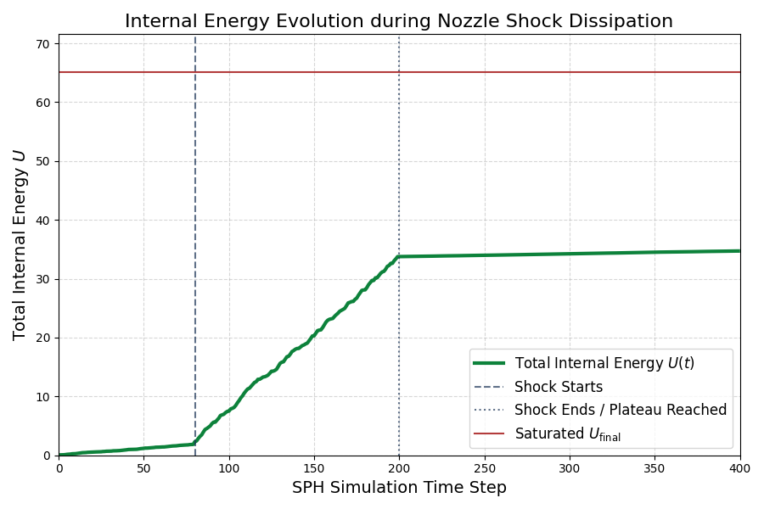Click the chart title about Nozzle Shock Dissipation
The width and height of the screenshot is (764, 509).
click(x=399, y=21)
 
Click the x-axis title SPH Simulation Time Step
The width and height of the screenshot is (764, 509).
click(x=399, y=488)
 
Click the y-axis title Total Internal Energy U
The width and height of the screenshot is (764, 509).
click(x=20, y=244)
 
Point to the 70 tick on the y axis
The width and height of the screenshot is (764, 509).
click(x=42, y=44)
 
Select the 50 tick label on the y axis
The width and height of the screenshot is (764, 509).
click(x=42, y=161)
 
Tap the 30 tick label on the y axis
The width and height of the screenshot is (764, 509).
click(x=42, y=279)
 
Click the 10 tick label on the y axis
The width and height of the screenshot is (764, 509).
click(x=42, y=397)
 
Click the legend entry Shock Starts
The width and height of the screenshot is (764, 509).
click(x=559, y=387)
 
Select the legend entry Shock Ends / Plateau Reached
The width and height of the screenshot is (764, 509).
click(x=620, y=410)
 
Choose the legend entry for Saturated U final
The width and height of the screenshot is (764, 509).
click(x=567, y=434)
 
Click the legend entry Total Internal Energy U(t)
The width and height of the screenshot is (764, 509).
click(x=604, y=363)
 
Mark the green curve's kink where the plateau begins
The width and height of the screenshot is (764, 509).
click(x=399, y=256)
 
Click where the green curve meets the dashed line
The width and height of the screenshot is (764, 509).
click(x=195, y=444)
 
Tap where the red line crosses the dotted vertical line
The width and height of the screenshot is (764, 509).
click(x=399, y=72)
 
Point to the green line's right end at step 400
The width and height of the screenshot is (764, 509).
click(x=739, y=251)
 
